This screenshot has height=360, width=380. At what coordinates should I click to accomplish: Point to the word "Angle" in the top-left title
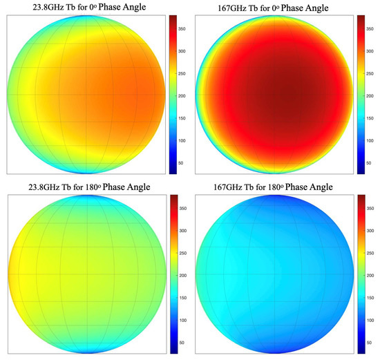pyautogui.click(x=148, y=8)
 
